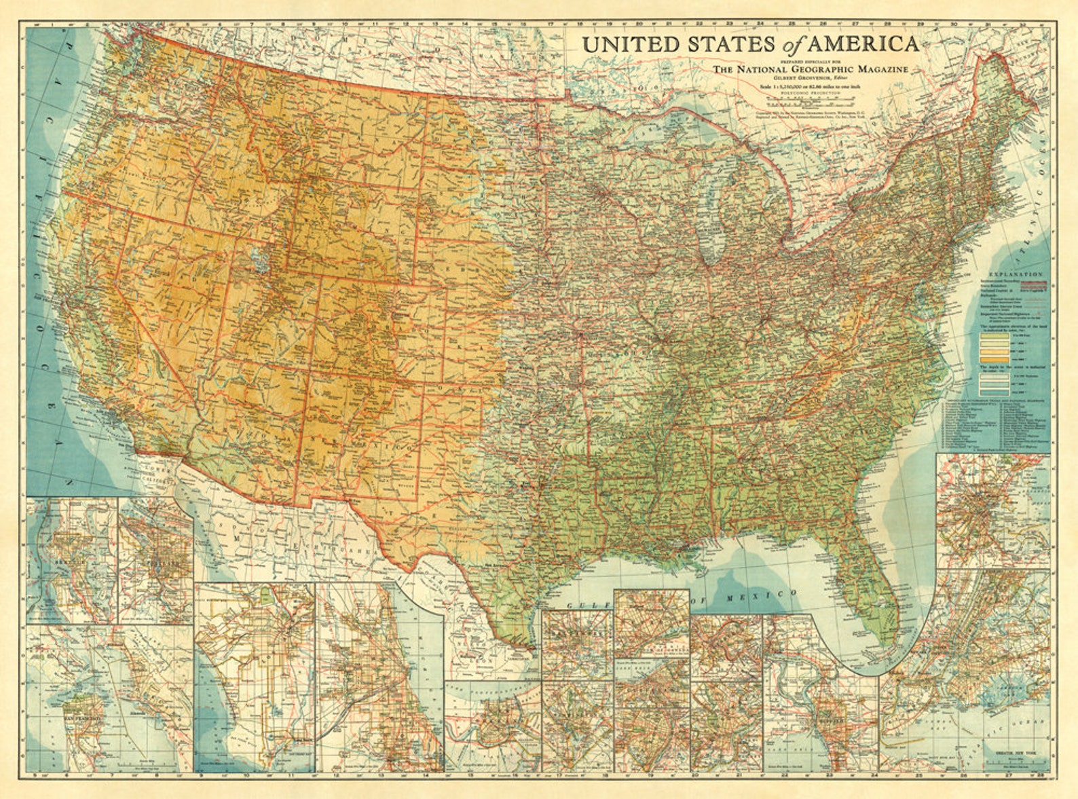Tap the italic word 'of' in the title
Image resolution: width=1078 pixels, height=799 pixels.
pos(790,45)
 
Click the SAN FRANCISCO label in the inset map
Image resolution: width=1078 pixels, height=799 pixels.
pos(83,718)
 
